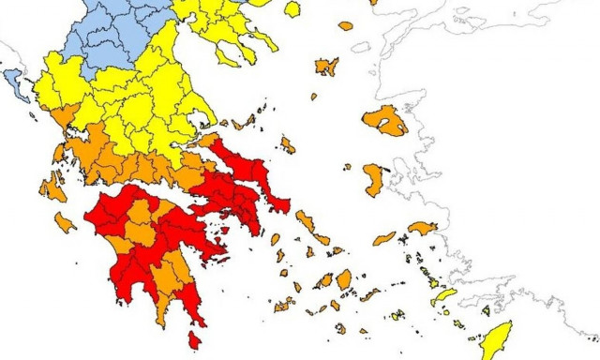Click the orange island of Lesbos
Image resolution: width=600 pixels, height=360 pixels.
click(386, 120)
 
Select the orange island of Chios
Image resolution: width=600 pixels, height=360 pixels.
click(373, 179)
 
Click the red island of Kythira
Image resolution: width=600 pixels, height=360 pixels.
click(195, 339)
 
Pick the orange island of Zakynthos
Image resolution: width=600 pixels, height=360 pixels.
click(65, 223)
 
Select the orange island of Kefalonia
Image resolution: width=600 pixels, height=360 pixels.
click(52, 187)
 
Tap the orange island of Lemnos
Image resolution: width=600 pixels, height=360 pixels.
click(326, 66)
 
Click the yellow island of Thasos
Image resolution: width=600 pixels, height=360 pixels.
click(292, 8)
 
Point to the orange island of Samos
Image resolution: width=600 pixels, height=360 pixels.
click(423, 227)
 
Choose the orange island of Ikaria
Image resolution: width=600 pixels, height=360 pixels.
click(384, 238)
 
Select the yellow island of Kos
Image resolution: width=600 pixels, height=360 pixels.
click(442, 296)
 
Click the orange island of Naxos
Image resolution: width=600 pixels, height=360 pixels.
click(344, 278)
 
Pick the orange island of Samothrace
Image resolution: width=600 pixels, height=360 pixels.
click(346, 25)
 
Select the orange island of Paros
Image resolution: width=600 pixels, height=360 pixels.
click(326, 280)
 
